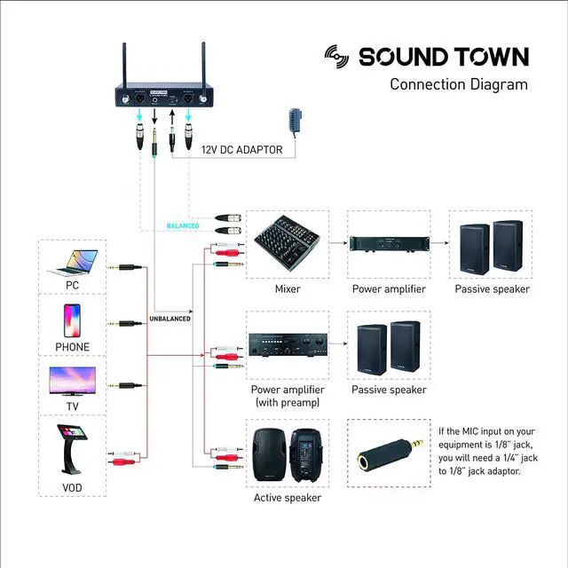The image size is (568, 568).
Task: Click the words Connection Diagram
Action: point(459,85)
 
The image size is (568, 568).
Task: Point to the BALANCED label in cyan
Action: point(184,226)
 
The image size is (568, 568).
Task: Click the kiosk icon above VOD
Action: point(71,448)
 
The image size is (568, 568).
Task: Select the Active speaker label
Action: point(287,498)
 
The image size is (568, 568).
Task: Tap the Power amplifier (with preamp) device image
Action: point(286,343)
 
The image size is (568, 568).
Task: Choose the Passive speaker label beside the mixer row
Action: point(492,288)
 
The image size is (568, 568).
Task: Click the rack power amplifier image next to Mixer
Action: point(388,242)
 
